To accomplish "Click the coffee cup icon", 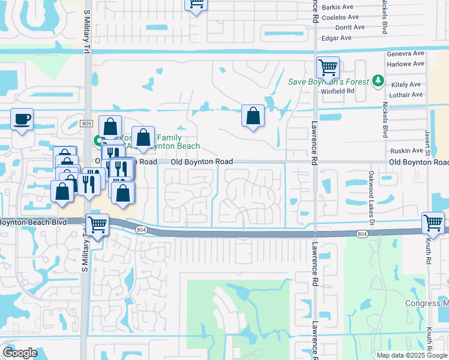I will [22, 119].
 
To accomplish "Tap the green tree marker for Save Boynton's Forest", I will [378, 80].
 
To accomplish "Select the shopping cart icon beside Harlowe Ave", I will [328, 67].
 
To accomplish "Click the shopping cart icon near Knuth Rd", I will [433, 223].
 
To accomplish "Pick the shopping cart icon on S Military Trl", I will [97, 225].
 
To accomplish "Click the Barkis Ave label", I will [338, 7].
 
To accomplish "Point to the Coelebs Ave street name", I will [340, 17].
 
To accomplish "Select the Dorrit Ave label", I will [350, 27].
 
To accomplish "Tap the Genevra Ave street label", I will [405, 53].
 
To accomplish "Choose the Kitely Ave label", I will [406, 85].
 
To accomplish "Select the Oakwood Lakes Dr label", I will [372, 196].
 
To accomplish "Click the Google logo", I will [20, 352].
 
